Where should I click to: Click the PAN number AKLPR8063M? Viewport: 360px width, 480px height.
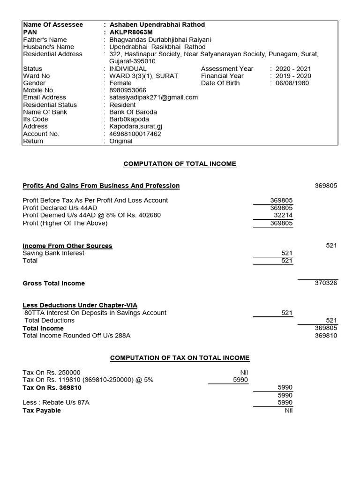[x=131, y=32]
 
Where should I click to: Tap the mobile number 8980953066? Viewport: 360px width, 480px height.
[x=127, y=90]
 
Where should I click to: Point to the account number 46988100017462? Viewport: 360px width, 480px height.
[x=135, y=134]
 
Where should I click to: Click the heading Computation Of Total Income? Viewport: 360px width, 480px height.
[x=180, y=164]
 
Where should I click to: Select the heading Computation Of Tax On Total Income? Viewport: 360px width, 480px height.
[x=180, y=358]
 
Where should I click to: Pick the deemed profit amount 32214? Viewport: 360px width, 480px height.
[x=283, y=215]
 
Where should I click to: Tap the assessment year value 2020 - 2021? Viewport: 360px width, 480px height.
[x=293, y=68]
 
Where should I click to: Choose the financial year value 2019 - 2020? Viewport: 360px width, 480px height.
[x=293, y=76]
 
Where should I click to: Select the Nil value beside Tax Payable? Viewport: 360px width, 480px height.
[x=288, y=410]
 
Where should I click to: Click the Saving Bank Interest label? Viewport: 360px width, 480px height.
[x=53, y=253]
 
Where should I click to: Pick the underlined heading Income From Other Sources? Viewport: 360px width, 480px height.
[x=67, y=246]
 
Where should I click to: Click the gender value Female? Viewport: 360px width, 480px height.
[x=120, y=83]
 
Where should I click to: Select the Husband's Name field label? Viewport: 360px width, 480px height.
[x=48, y=47]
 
